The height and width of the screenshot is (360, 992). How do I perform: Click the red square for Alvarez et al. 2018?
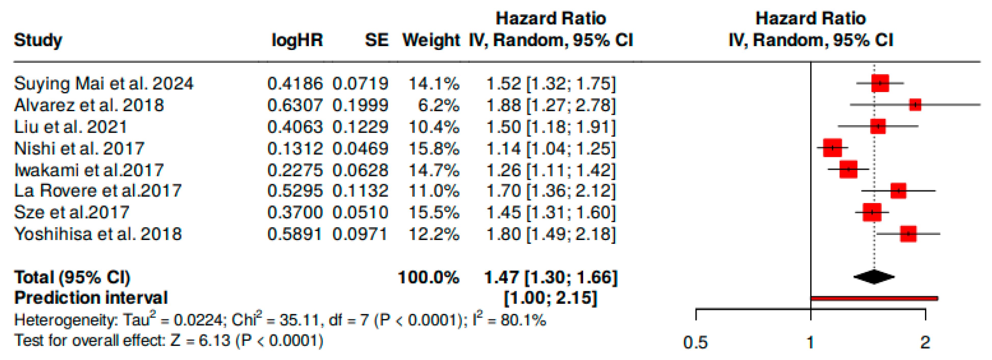[915, 104]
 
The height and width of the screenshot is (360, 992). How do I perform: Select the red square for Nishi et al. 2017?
[832, 148]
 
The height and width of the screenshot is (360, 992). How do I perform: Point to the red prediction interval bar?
[874, 298]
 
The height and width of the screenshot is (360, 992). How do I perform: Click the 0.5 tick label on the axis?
[696, 342]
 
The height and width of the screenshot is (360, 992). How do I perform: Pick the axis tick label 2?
[925, 342]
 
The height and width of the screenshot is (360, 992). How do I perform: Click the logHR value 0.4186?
[295, 84]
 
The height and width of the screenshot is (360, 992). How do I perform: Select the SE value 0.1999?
[360, 105]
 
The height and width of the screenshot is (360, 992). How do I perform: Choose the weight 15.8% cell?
[434, 149]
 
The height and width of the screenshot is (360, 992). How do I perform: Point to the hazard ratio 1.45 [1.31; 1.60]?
[551, 212]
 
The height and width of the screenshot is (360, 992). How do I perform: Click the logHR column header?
[297, 40]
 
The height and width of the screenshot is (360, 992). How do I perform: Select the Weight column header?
[431, 40]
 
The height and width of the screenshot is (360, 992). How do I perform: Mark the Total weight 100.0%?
[428, 277]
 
